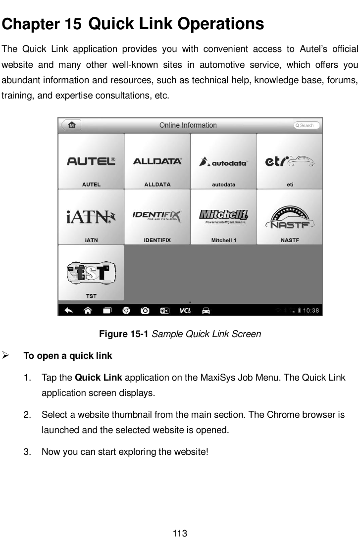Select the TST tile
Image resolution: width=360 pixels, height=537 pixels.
click(91, 273)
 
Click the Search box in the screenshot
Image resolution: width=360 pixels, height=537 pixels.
click(307, 125)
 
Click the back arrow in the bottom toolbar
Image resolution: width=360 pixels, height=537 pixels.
click(69, 310)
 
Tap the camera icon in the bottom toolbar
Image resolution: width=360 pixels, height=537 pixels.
click(145, 310)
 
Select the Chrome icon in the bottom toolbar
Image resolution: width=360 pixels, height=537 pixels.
click(126, 310)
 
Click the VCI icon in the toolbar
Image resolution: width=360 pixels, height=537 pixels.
click(186, 310)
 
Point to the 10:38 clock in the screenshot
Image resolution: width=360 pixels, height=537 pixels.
click(311, 311)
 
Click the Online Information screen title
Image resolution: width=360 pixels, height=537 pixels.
click(188, 125)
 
